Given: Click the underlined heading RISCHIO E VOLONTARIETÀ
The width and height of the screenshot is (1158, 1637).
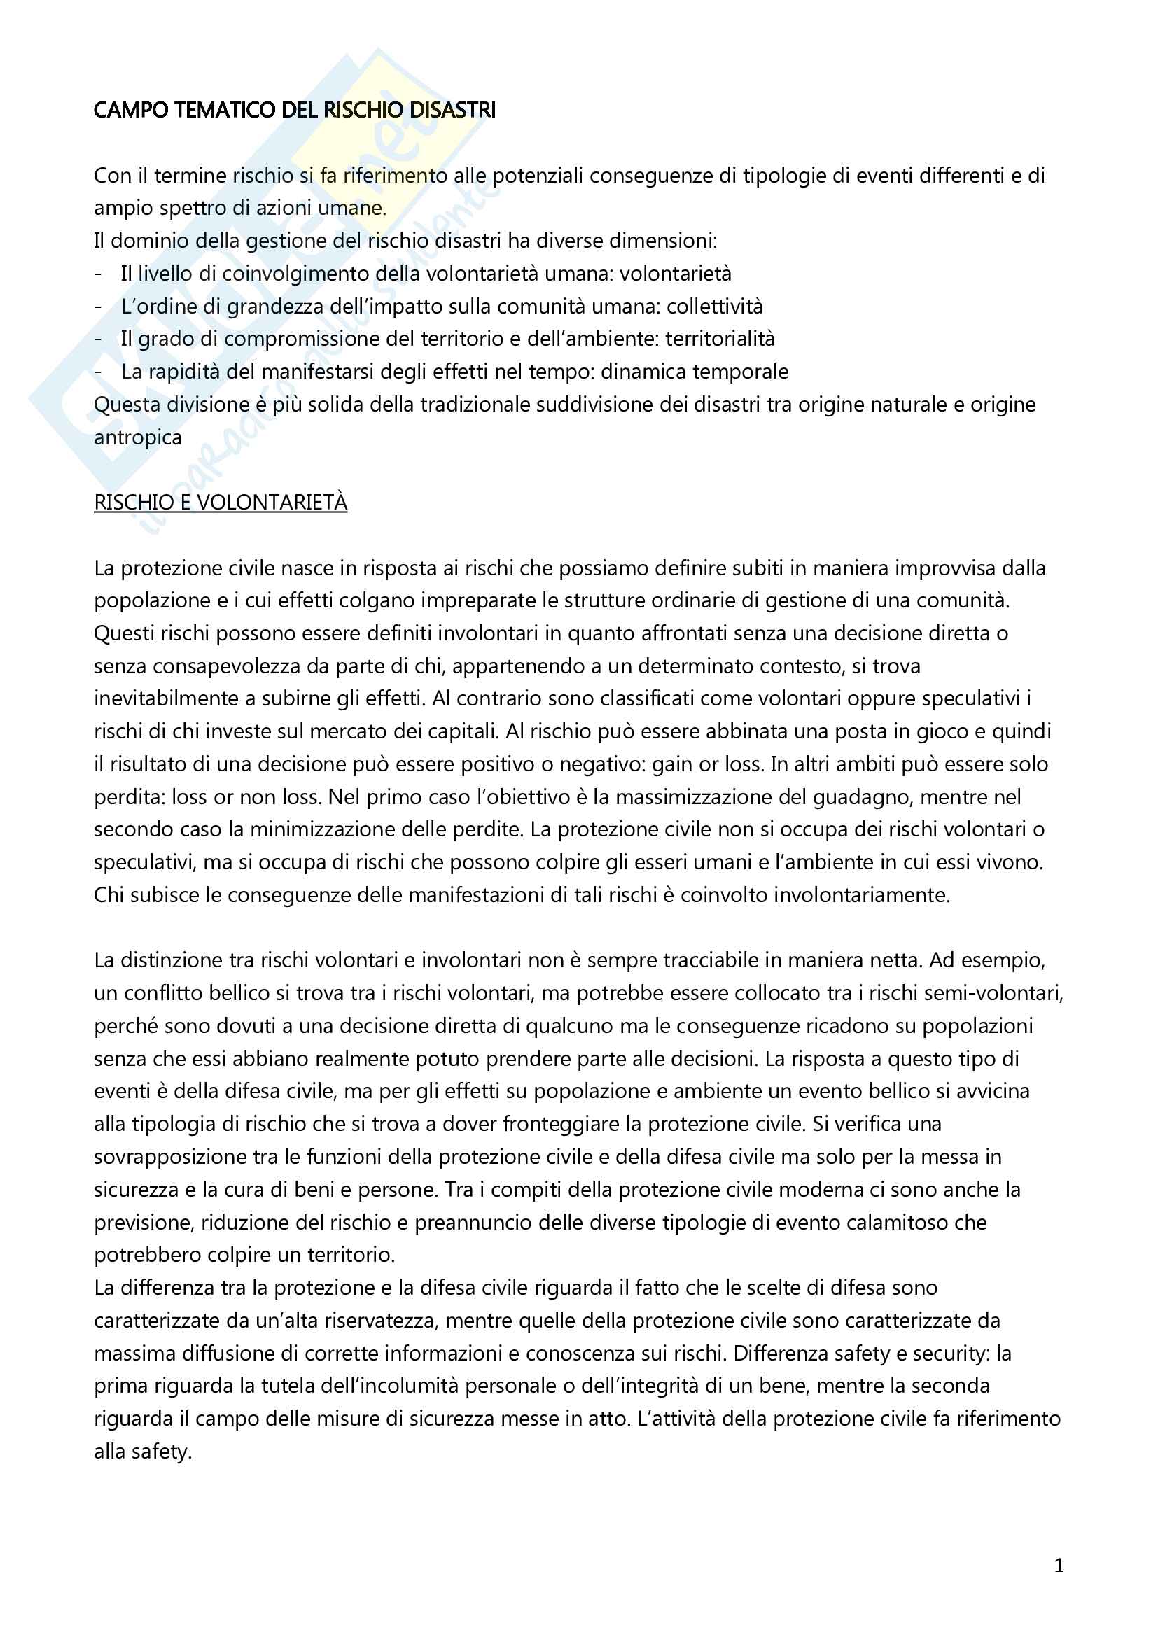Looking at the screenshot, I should (x=221, y=503).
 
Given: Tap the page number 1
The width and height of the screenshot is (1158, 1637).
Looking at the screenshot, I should (x=1059, y=1565).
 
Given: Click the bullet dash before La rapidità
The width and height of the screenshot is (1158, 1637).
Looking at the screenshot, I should (x=99, y=372).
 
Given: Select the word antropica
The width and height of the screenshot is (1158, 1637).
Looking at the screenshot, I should (x=138, y=437).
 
